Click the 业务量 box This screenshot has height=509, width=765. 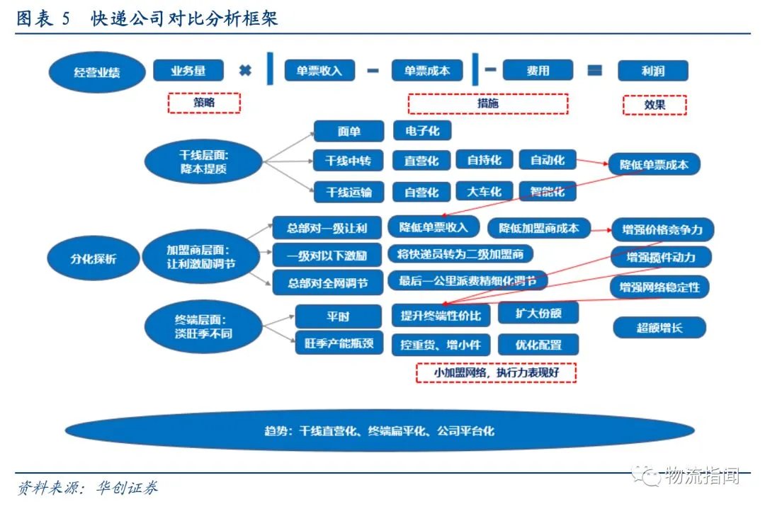click(188, 71)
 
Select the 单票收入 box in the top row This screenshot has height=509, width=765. click(319, 71)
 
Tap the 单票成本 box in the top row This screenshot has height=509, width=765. click(427, 71)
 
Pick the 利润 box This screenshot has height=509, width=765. click(652, 71)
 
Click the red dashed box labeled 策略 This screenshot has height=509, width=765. click(204, 103)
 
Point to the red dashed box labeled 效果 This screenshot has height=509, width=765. click(654, 104)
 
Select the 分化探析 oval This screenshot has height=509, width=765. click(93, 258)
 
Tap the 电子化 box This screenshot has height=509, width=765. click(422, 131)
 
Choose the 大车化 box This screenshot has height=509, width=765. click(484, 192)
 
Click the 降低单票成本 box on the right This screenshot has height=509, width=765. click(654, 165)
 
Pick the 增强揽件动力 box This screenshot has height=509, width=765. click(661, 258)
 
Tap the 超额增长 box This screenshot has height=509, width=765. click(660, 327)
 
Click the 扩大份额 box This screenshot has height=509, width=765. click(539, 313)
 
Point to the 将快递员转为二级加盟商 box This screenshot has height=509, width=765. click(460, 254)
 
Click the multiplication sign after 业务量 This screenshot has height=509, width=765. click(245, 71)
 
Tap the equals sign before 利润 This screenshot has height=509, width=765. click(595, 71)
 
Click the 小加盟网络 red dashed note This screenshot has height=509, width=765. click(496, 372)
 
